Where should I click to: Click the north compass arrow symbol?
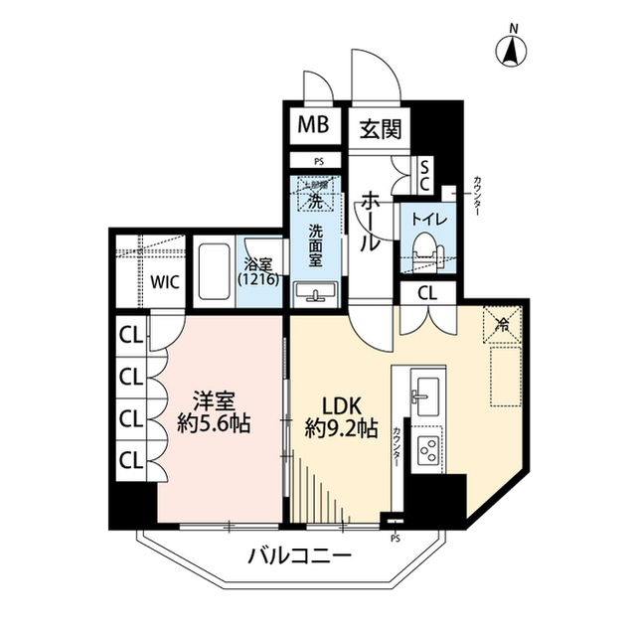click(x=511, y=50)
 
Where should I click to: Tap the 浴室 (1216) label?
click(x=263, y=271)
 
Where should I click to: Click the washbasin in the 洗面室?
click(x=316, y=292)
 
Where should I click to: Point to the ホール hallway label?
click(x=368, y=222)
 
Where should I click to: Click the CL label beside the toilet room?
click(x=427, y=293)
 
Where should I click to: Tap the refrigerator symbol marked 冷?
click(x=503, y=322)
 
